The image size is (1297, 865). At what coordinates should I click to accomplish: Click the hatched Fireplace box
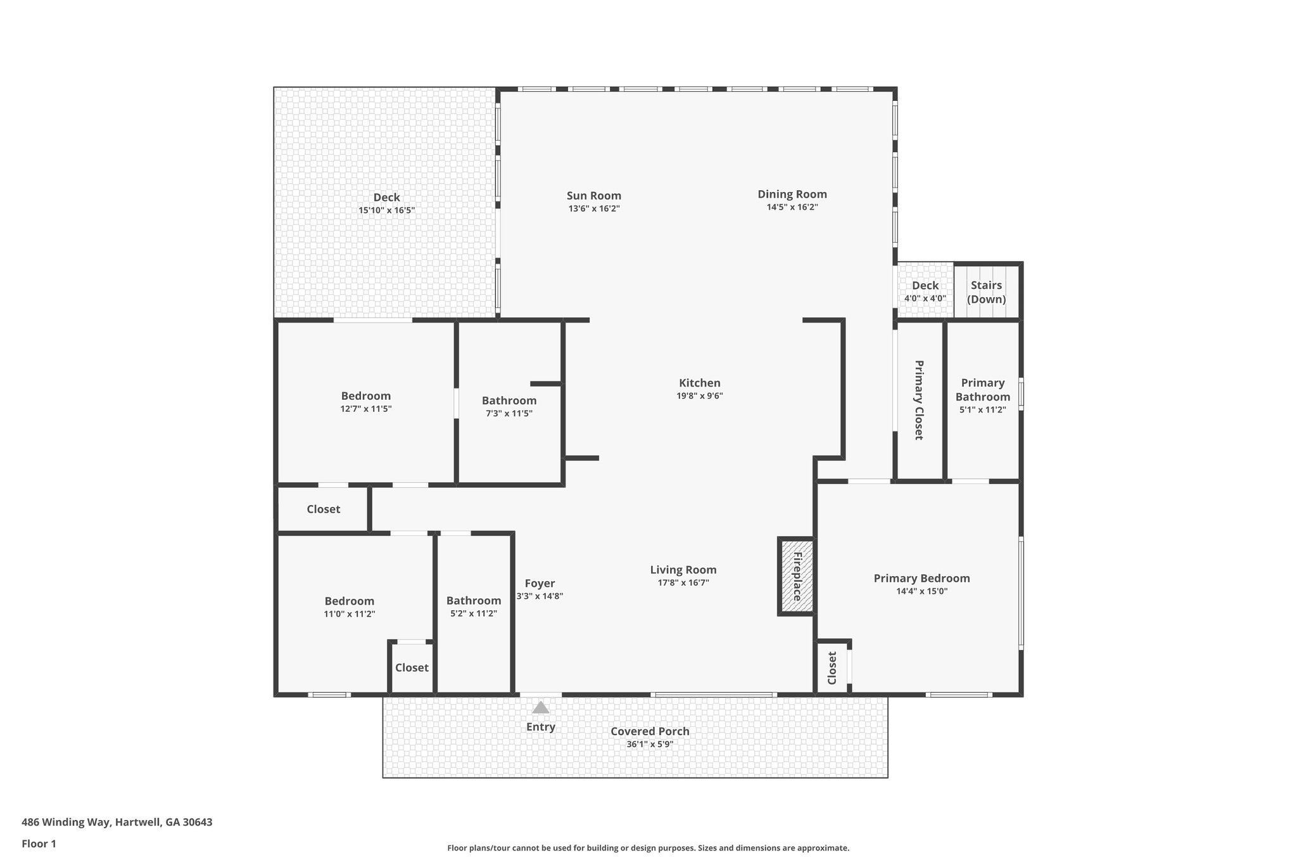[797, 576]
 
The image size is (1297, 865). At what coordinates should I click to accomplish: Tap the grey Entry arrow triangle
[540, 708]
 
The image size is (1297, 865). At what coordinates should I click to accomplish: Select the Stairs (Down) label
[986, 292]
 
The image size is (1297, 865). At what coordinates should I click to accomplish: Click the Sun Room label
[593, 196]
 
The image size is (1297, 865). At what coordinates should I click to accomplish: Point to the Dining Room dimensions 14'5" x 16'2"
[792, 207]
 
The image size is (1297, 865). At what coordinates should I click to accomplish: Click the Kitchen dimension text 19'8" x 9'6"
[699, 396]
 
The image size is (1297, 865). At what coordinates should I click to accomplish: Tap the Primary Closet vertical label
[918, 400]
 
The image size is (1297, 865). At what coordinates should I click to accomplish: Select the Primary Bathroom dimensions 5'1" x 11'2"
[982, 410]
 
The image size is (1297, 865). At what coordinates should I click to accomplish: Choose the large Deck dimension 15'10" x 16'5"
[386, 210]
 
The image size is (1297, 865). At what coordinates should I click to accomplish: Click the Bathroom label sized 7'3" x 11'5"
[509, 400]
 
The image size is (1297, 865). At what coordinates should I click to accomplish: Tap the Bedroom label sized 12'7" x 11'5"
[365, 396]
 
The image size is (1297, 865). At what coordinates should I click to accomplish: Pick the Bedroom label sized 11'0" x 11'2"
[349, 601]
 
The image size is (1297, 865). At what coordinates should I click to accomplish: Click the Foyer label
[540, 583]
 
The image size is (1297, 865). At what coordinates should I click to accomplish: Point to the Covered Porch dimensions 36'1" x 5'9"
[650, 745]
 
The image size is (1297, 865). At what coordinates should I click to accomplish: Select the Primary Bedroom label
[921, 578]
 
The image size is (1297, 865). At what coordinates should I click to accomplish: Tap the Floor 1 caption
[39, 843]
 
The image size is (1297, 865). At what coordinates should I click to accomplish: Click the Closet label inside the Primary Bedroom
[832, 668]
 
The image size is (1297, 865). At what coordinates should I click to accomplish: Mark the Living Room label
[683, 570]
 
